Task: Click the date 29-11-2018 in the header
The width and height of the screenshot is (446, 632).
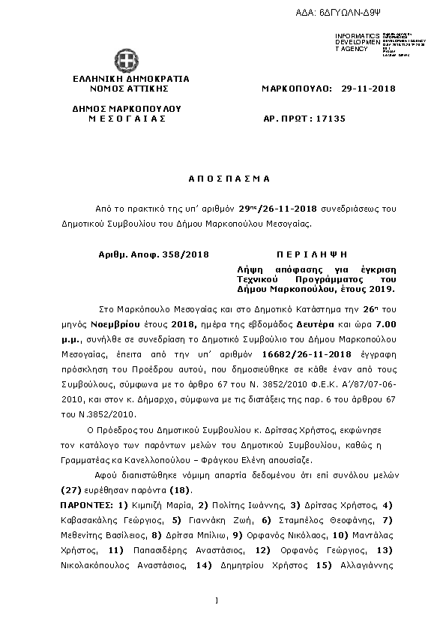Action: coord(368,89)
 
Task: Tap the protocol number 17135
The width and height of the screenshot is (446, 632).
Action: coord(331,118)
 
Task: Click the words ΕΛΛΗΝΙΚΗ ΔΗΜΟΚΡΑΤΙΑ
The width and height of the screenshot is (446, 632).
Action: coord(131,79)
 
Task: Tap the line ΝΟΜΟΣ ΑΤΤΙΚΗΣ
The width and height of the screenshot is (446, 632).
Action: coord(131,89)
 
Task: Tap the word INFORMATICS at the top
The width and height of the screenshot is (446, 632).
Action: coord(353,36)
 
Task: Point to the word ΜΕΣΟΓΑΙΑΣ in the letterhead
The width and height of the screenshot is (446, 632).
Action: coord(127,118)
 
